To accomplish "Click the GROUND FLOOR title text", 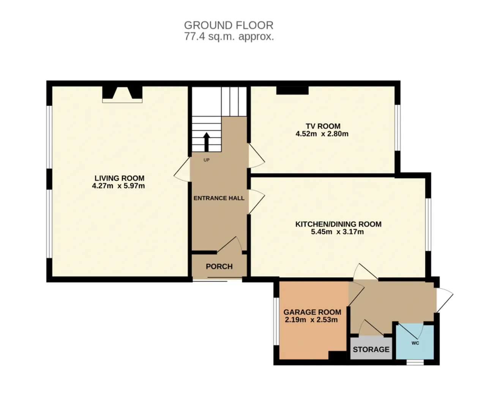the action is pyautogui.click(x=229, y=25).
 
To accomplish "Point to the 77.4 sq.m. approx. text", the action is pyautogui.click(x=229, y=37).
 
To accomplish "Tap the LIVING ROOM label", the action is pyautogui.click(x=120, y=178).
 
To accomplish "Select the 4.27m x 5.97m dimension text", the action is pyautogui.click(x=118, y=186).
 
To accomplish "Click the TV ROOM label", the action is pyautogui.click(x=323, y=126).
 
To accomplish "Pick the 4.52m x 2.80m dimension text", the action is pyautogui.click(x=322, y=134).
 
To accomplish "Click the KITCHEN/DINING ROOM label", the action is pyautogui.click(x=338, y=224).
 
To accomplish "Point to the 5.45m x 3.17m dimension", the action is pyautogui.click(x=338, y=232).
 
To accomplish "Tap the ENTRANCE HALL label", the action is pyautogui.click(x=219, y=198).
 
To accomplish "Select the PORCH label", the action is pyautogui.click(x=219, y=266).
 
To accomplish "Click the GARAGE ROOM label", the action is pyautogui.click(x=312, y=312).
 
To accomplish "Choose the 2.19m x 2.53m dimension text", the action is pyautogui.click(x=311, y=320).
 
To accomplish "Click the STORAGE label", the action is pyautogui.click(x=371, y=349).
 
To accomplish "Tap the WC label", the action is pyautogui.click(x=415, y=343).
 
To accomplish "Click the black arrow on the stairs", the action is pyautogui.click(x=207, y=142).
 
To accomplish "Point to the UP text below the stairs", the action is pyautogui.click(x=207, y=160).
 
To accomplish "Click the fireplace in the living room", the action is pyautogui.click(x=122, y=94).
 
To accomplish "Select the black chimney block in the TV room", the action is pyautogui.click(x=292, y=90).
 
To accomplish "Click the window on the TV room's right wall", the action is pyautogui.click(x=398, y=127).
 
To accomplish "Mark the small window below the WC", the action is pyautogui.click(x=415, y=362).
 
